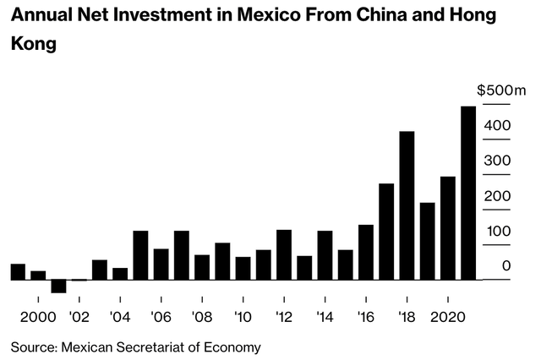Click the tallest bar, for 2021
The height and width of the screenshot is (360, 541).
[x=467, y=193]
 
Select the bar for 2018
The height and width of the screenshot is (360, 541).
[x=407, y=205]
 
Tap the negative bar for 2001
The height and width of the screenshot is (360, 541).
[x=58, y=286]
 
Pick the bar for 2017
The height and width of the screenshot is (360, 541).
[x=386, y=232]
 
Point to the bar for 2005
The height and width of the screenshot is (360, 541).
[x=140, y=255]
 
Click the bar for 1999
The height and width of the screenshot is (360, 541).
[x=18, y=271]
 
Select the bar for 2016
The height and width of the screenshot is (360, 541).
[x=366, y=252]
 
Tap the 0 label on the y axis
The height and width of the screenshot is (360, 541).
[x=506, y=266]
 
